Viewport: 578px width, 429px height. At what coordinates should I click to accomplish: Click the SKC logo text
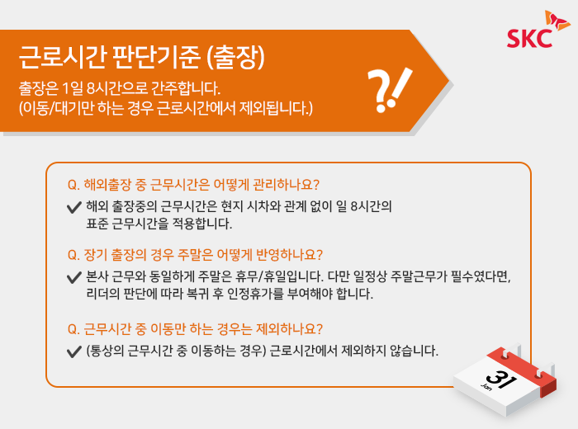pyautogui.click(x=530, y=38)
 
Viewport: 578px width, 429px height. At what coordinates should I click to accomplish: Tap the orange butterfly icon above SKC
pyautogui.click(x=557, y=21)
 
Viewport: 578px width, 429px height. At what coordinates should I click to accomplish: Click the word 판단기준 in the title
pyautogui.click(x=156, y=57)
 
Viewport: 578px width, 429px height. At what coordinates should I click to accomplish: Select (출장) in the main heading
pyautogui.click(x=235, y=57)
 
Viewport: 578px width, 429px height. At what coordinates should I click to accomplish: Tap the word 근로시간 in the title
pyautogui.click(x=63, y=57)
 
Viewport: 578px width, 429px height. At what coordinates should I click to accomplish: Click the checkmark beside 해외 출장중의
pyautogui.click(x=74, y=207)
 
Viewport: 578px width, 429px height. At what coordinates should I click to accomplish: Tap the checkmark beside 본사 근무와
pyautogui.click(x=74, y=277)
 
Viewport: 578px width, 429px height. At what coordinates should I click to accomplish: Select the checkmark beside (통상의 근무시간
pyautogui.click(x=74, y=351)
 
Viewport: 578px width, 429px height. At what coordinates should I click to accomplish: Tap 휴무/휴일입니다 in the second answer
pyautogui.click(x=279, y=276)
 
